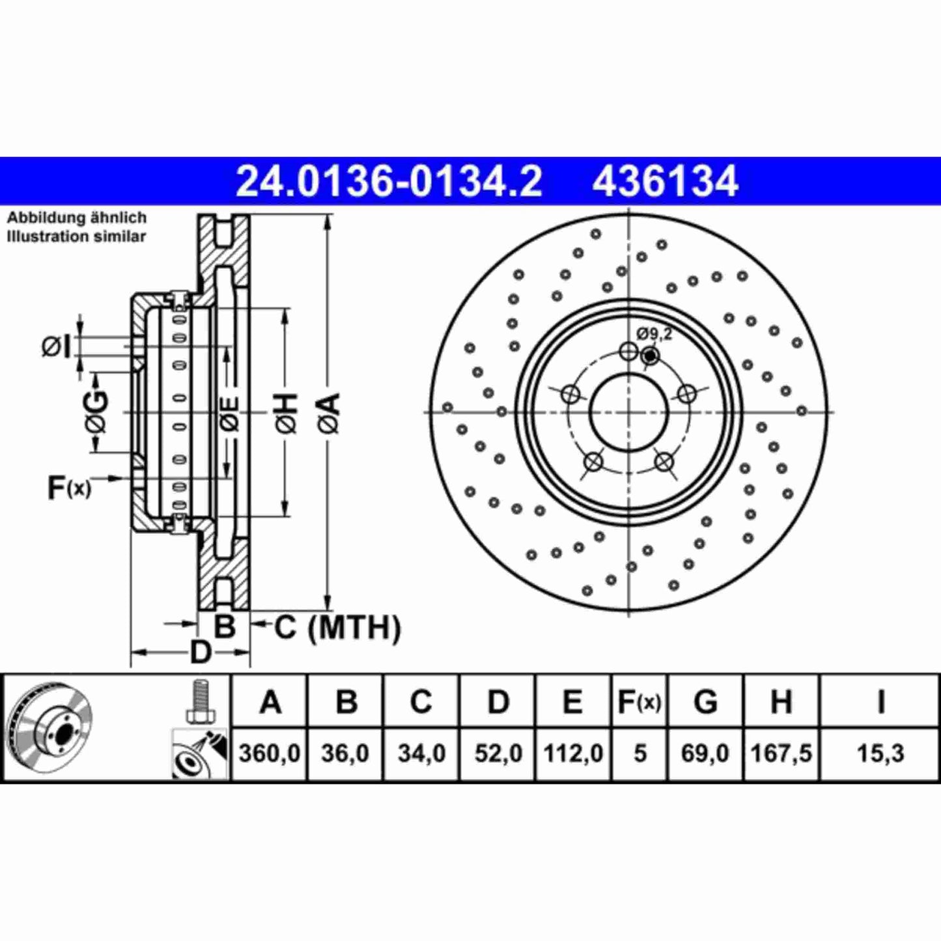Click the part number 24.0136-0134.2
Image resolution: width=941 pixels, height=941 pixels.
click(388, 181)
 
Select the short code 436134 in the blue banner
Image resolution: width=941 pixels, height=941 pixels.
click(665, 181)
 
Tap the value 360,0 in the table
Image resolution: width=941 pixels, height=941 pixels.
click(269, 753)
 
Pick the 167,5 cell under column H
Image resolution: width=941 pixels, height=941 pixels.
click(781, 753)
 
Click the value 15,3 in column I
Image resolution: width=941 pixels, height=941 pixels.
click(880, 753)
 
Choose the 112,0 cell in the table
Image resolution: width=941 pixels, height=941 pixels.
click(573, 753)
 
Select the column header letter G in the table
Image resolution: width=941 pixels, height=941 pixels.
click(705, 702)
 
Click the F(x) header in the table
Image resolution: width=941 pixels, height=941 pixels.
click(639, 702)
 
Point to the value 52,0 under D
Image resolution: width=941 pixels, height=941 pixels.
click(498, 753)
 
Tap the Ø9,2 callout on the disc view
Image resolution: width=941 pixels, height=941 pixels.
click(654, 335)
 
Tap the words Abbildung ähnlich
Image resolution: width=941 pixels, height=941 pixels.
click(77, 218)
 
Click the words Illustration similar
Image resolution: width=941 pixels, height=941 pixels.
click(77, 236)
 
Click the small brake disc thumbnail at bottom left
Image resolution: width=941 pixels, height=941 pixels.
click(51, 727)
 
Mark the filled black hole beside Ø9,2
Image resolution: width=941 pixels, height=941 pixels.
click(649, 356)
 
